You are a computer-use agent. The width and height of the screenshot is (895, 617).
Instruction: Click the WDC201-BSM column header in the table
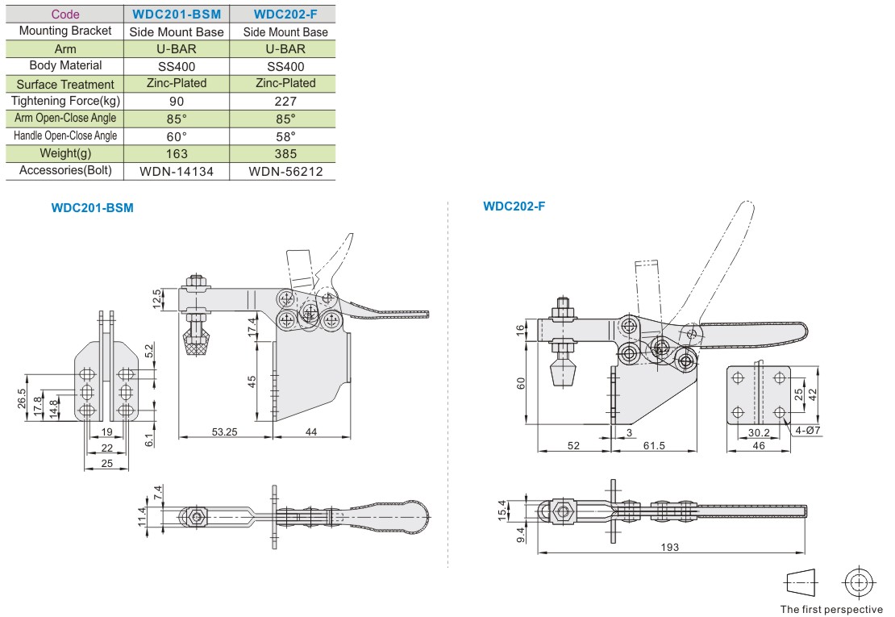(x=177, y=15)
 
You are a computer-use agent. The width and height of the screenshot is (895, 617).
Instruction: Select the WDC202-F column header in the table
(x=285, y=15)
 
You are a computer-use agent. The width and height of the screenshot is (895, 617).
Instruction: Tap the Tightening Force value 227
(x=285, y=102)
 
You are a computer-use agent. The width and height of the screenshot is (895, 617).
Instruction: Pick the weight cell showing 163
(x=177, y=153)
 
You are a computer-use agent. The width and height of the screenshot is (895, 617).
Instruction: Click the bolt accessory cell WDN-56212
(x=285, y=171)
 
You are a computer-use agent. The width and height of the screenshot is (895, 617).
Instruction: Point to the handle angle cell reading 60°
(x=177, y=136)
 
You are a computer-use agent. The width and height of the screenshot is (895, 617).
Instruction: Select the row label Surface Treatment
(x=65, y=85)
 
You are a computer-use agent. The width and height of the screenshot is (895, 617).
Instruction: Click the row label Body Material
(x=65, y=65)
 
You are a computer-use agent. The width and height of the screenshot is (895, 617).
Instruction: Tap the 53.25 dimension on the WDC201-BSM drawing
(x=224, y=432)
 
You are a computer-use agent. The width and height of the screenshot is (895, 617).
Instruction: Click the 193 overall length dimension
(x=669, y=547)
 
